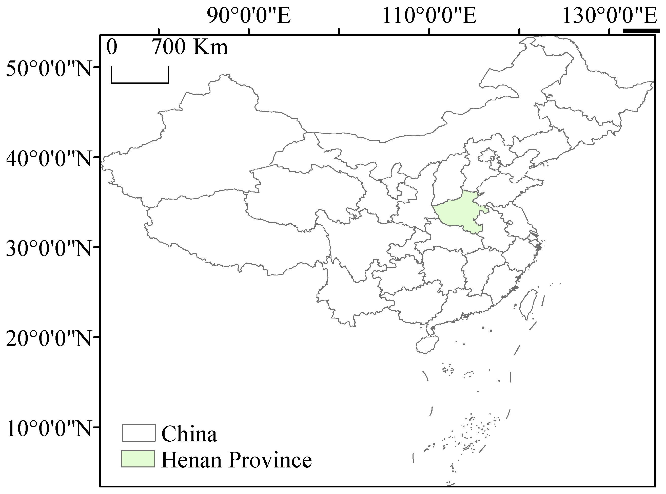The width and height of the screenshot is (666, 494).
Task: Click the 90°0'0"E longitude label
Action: (248, 15)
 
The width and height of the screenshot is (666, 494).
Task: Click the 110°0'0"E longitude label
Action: (429, 15)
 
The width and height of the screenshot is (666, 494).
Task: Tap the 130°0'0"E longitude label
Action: (610, 15)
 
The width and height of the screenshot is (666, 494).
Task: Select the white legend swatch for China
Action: (139, 433)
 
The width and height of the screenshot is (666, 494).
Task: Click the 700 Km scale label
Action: (190, 47)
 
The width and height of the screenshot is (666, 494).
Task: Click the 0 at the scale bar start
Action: (112, 47)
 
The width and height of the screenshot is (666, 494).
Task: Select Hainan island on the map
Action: (427, 345)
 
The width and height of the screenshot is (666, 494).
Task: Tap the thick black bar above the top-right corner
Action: (641, 30)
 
